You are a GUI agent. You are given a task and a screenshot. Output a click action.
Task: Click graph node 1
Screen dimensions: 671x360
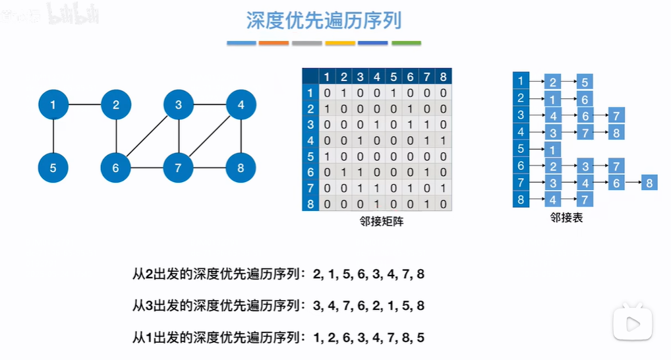point(53,104)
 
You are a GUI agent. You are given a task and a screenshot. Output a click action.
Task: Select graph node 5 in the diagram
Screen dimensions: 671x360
point(53,167)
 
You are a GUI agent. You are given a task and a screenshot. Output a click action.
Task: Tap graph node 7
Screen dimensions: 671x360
point(178,167)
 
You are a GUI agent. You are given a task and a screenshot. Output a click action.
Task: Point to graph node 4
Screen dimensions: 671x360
point(241,104)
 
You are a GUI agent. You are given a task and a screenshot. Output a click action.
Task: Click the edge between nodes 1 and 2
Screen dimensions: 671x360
point(84,104)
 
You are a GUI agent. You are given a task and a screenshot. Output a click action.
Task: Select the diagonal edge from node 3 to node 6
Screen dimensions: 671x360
point(147,136)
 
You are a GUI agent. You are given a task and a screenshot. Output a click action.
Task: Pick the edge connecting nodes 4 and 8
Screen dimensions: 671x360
point(241,136)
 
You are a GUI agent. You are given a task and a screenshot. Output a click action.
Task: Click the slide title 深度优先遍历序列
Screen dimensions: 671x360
point(324,20)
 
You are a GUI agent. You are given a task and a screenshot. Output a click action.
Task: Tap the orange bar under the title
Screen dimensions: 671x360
point(274,44)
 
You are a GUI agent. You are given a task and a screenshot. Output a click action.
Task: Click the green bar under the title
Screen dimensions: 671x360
point(406,44)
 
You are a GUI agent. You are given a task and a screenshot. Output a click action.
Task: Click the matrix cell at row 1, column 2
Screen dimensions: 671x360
point(343,93)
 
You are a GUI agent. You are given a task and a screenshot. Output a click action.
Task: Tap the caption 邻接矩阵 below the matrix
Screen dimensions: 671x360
point(378,222)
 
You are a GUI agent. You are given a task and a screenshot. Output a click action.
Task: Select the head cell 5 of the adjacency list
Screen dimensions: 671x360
point(521,149)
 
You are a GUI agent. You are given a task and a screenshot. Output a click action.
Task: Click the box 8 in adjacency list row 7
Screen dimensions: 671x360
point(649,183)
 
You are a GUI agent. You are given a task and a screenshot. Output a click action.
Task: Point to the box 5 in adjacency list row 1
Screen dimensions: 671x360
point(585,82)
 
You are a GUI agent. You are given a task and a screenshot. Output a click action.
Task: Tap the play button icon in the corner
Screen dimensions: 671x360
point(632,323)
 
